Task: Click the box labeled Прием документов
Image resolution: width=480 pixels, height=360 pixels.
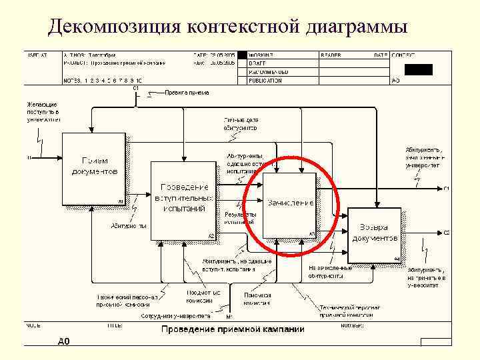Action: [94, 169]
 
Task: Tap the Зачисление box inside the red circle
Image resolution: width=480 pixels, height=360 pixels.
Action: [289, 203]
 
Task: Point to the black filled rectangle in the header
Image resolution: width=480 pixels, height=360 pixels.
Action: [419, 69]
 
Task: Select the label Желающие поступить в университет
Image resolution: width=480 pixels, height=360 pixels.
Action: [43, 113]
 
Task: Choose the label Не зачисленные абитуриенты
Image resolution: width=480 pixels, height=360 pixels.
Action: [330, 271]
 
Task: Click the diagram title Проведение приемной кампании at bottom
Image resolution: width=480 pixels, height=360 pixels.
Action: [232, 329]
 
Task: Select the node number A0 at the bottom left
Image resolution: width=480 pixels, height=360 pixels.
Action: [63, 341]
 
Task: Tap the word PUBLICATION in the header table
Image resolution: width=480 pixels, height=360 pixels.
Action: [265, 81]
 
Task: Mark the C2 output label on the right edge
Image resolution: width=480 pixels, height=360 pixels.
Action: [446, 233]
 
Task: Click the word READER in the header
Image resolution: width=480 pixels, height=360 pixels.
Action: [331, 55]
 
